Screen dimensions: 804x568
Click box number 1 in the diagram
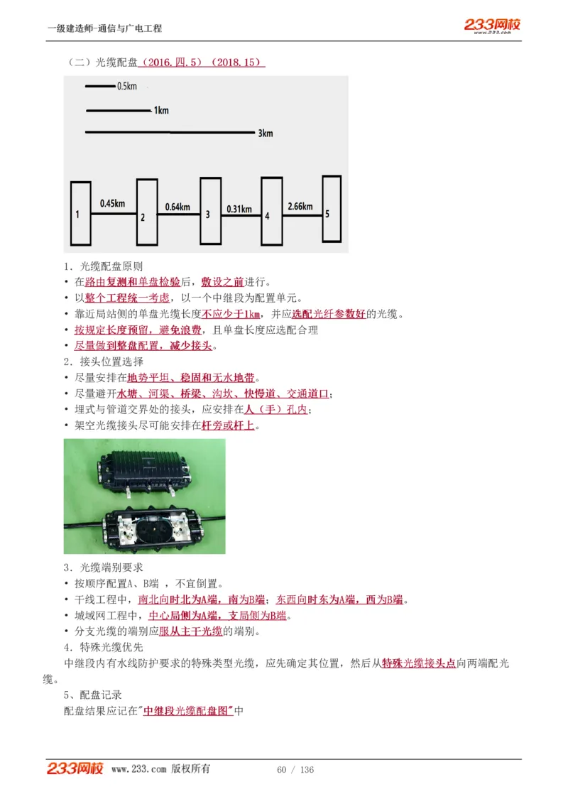pos(80,213)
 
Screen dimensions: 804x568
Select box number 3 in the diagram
pos(210,210)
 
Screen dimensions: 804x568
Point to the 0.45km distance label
pos(112,203)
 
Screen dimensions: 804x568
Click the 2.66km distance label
pos(300,206)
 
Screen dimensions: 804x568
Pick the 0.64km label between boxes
pos(177,207)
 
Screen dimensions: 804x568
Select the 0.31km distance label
pos(239,209)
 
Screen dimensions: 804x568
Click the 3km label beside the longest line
pos(265,134)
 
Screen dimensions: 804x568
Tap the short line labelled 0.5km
pos(99,87)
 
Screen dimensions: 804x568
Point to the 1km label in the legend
pos(161,111)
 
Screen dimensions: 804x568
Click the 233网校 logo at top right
pos(492,26)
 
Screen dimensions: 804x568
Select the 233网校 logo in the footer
pos(75,768)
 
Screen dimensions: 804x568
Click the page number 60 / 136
pos(295,770)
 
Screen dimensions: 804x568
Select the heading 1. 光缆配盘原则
pos(103,266)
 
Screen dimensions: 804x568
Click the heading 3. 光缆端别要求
pos(103,567)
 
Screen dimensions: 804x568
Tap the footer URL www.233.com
pos(139,769)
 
